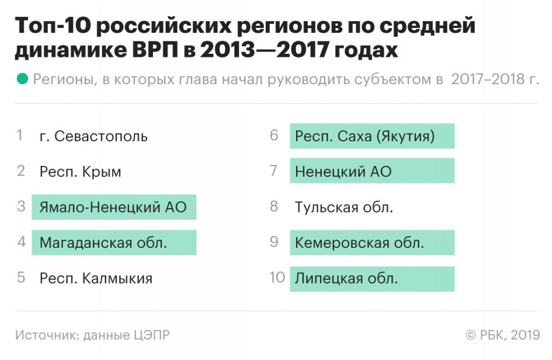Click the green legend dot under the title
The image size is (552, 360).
coord(23,79)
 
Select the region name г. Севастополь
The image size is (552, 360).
coord(93,137)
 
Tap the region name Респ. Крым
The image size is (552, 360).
coord(81,172)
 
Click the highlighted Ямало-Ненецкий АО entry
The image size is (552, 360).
coord(113,207)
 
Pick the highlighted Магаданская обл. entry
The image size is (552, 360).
coord(103,243)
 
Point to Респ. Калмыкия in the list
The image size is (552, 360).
coord(96,278)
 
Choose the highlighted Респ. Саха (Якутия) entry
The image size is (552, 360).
coord(365,137)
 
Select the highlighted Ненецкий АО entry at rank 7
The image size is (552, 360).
coord(343,172)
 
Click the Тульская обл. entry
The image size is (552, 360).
coord(343,207)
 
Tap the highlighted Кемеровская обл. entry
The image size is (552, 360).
coord(359,243)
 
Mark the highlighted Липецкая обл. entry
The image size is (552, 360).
coord(346,278)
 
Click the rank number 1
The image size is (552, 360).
coord(20,136)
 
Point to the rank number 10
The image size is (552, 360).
coord(277,278)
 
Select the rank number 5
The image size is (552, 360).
coord(21,278)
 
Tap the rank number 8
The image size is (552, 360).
coord(274,207)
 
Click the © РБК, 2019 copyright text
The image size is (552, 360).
coord(502,335)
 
